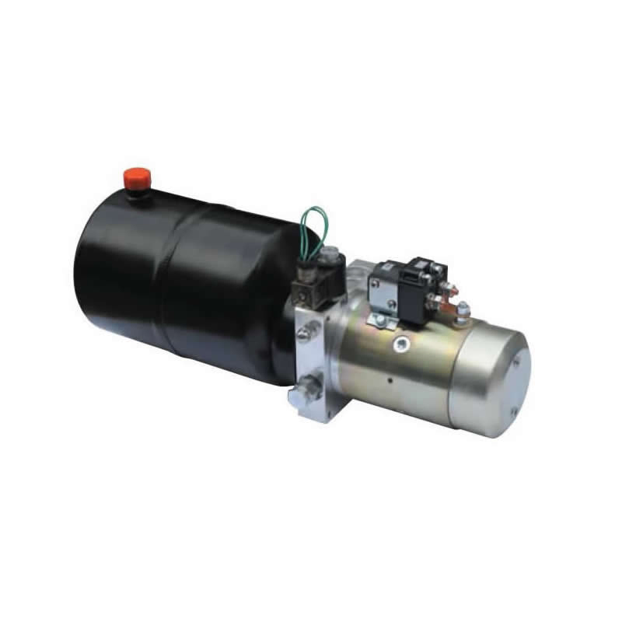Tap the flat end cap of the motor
pos(491,373)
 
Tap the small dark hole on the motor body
pos(389,380)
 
